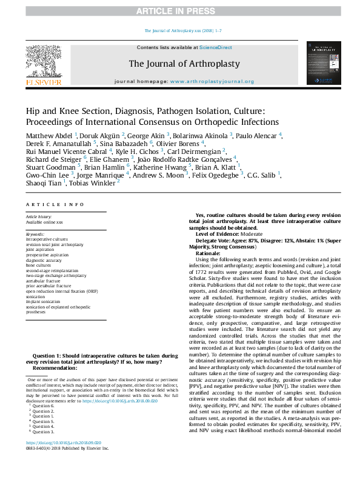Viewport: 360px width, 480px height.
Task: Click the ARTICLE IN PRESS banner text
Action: pyautogui.click(x=179, y=12)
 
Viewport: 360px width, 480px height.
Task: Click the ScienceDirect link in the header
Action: pyautogui.click(x=216, y=47)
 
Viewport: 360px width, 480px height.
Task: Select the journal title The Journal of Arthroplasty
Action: pyautogui.click(x=184, y=63)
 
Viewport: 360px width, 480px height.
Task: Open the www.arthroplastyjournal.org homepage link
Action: pyautogui.click(x=212, y=81)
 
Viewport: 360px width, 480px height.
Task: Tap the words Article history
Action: pyautogui.click(x=39, y=216)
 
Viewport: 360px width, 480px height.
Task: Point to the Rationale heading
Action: pyautogui.click(x=208, y=253)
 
